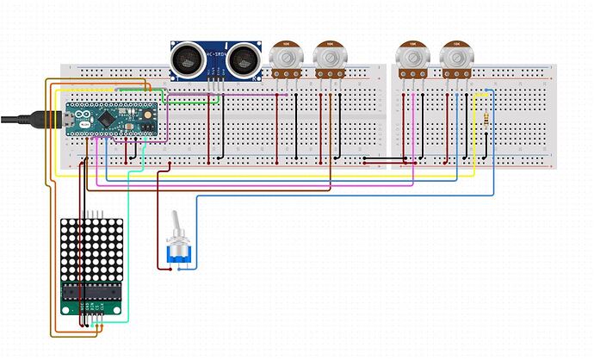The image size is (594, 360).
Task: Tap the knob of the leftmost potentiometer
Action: click(285, 57)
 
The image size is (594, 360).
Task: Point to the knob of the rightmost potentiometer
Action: click(455, 57)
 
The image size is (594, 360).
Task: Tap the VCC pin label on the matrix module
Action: click(82, 306)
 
